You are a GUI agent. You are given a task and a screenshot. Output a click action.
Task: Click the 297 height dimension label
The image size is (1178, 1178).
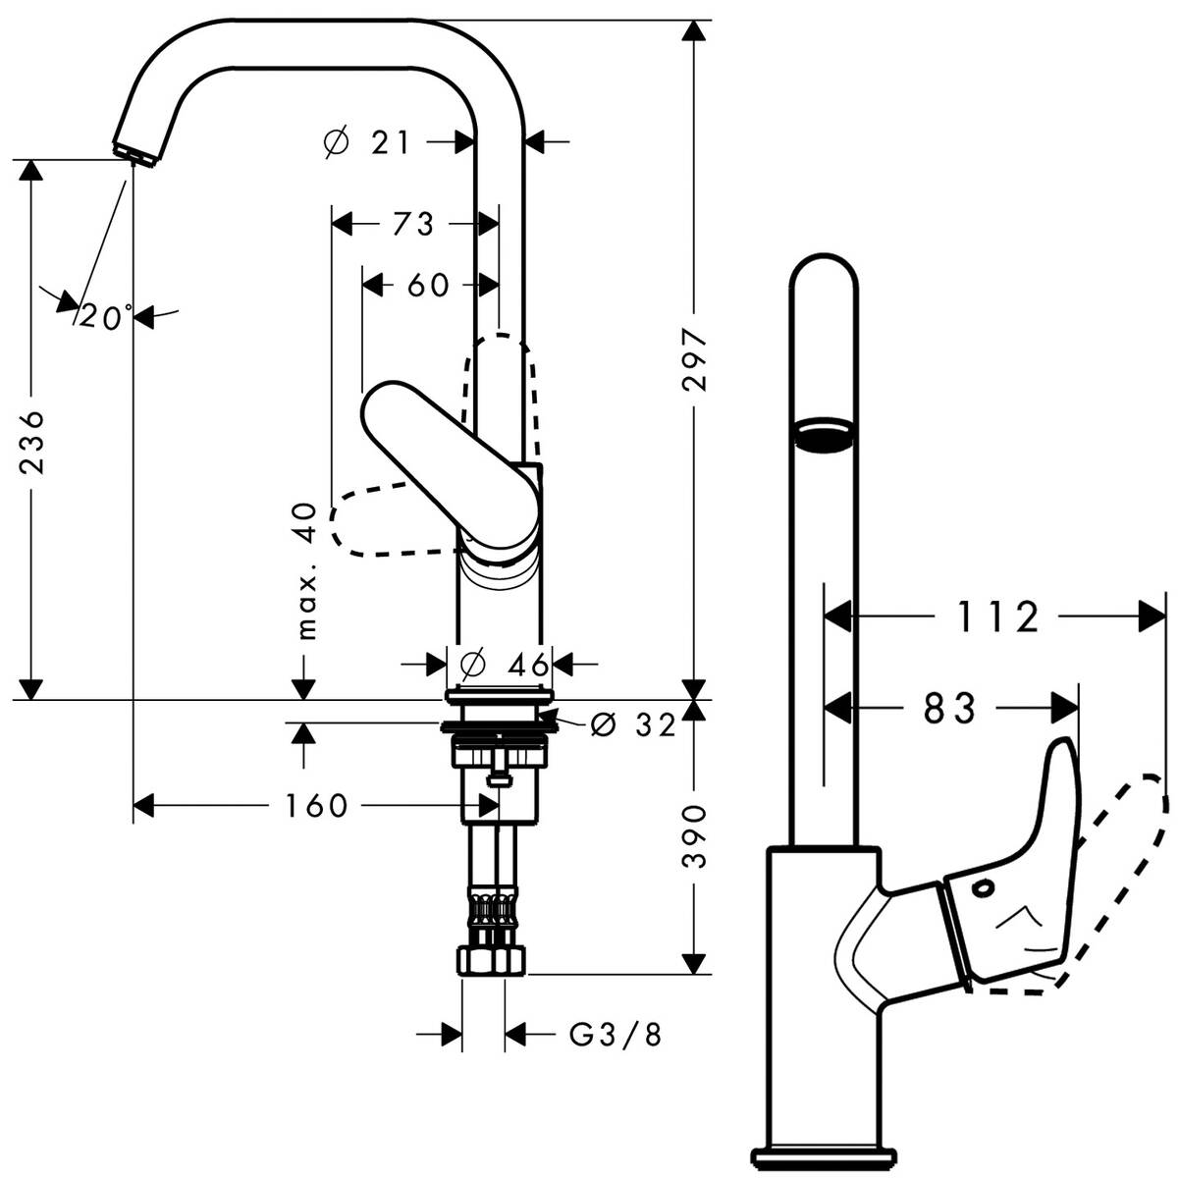tap(695, 360)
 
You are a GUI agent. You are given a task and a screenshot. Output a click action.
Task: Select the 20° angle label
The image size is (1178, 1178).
tap(106, 317)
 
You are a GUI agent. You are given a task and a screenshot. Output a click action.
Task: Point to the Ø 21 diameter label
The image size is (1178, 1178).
tap(366, 143)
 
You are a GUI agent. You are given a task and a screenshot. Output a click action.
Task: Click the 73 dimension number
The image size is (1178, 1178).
tap(413, 225)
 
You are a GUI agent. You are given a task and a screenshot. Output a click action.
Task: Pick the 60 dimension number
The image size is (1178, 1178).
tap(428, 286)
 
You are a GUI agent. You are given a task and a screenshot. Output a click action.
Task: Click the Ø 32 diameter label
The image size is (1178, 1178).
tap(634, 725)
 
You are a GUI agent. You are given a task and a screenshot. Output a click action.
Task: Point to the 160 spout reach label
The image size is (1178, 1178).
tap(316, 806)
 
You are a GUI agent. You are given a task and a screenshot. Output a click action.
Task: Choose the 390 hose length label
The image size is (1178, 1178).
tap(695, 836)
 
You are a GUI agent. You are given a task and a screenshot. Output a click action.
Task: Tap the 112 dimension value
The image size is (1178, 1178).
tap(996, 617)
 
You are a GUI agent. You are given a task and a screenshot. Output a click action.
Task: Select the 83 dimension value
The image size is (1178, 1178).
tap(950, 708)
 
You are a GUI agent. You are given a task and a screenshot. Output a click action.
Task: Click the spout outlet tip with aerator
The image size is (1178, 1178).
tap(136, 152)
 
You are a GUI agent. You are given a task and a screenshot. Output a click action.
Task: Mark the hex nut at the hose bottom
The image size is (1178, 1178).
tap(493, 960)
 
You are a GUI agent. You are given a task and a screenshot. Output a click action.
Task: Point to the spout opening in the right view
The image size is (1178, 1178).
tap(825, 433)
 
